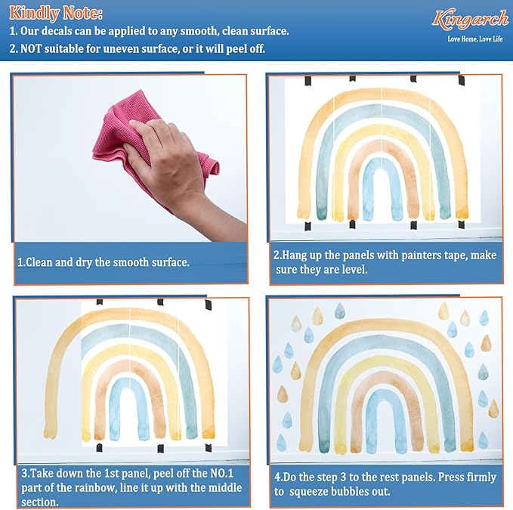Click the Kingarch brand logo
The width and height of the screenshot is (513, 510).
(x=470, y=20)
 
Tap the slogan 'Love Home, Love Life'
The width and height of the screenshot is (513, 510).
(x=475, y=39)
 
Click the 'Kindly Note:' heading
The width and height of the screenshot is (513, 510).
(x=56, y=14)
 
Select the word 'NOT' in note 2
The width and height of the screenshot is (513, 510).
(x=31, y=49)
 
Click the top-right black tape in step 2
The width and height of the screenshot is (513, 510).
(x=462, y=79)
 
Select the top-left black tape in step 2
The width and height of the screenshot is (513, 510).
(x=308, y=81)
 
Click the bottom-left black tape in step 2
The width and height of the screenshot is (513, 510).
(x=307, y=226)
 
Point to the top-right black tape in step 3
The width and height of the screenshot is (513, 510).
(x=209, y=304)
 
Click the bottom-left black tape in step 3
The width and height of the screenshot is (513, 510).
(x=99, y=447)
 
